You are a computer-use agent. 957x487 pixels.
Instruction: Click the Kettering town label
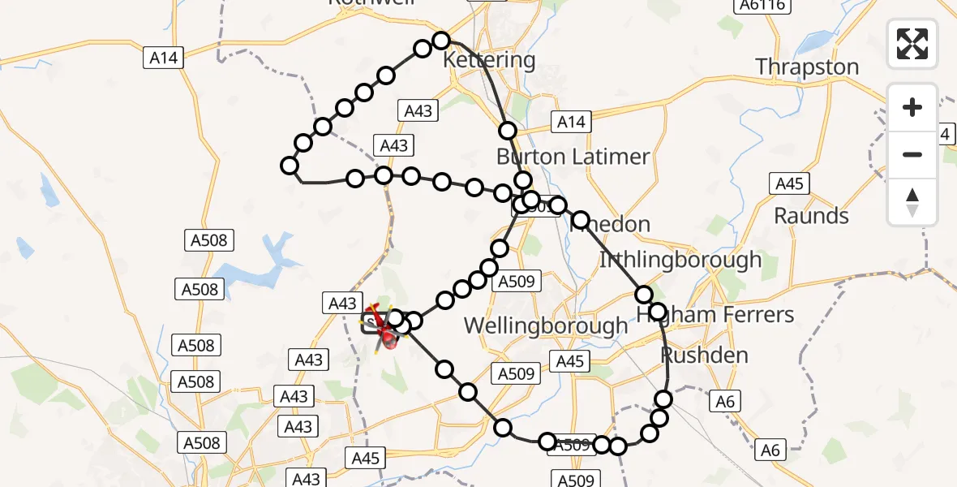(489, 60)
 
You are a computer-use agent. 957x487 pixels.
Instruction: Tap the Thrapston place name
(807, 67)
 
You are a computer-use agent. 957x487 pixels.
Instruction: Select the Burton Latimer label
(573, 157)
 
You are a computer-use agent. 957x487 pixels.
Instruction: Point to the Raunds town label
(811, 216)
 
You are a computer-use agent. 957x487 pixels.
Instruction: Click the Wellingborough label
(545, 326)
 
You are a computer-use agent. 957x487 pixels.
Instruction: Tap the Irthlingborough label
(680, 260)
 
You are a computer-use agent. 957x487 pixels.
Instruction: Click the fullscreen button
(912, 43)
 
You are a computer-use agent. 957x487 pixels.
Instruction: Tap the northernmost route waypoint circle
(440, 41)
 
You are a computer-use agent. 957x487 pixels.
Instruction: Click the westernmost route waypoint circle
(289, 166)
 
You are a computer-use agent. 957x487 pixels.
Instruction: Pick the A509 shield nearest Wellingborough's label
(517, 282)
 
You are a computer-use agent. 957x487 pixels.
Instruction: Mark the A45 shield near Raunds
(789, 183)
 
